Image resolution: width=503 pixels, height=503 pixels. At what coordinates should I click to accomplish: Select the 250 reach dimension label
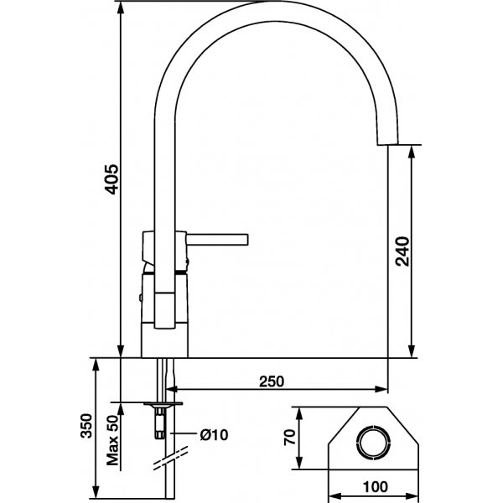click(x=270, y=381)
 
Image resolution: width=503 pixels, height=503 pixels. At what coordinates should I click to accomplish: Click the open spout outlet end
click(x=388, y=144)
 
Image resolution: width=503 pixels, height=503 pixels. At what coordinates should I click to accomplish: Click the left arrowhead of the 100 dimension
click(x=327, y=495)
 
